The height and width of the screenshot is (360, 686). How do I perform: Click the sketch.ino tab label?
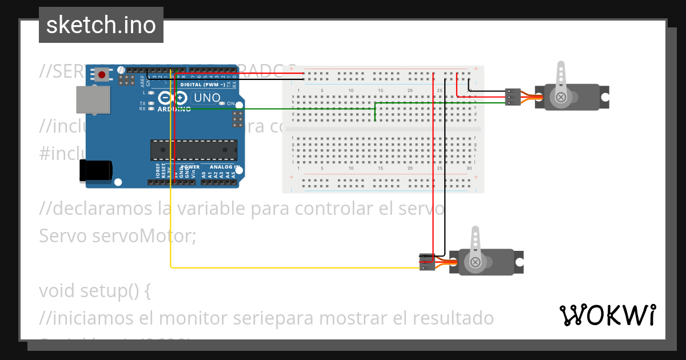pos(101,25)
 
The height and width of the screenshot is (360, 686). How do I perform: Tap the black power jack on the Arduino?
pos(95,171)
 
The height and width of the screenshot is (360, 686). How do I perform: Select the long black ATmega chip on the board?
pos(193,149)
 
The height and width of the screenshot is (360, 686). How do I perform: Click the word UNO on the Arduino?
pos(207,98)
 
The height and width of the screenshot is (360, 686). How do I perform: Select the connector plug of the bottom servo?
pos(426,262)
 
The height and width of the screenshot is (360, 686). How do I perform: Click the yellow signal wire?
pos(286,267)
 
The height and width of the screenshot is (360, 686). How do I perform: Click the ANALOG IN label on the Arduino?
pos(220,167)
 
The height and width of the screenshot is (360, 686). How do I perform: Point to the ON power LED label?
pos(231,103)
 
